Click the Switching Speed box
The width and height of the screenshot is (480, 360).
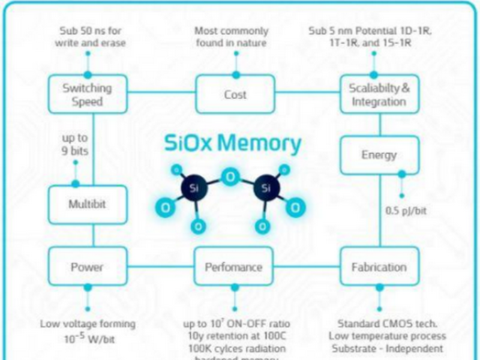pyautogui.click(x=88, y=95)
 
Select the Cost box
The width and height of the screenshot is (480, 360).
pyautogui.click(x=235, y=95)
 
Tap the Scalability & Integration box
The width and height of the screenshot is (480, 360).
pyautogui.click(x=379, y=95)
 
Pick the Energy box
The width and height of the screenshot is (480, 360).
pyautogui.click(x=379, y=155)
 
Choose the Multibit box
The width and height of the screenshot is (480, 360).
pyautogui.click(x=88, y=205)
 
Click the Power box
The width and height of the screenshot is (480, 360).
pyautogui.click(x=88, y=267)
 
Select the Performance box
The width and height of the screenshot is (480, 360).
pyautogui.click(x=234, y=267)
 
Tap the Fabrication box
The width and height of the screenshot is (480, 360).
pyautogui.click(x=379, y=267)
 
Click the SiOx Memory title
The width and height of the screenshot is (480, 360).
pyautogui.click(x=233, y=143)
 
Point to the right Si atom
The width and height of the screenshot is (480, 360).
pyautogui.click(x=266, y=188)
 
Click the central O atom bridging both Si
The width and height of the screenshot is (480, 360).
pyautogui.click(x=230, y=177)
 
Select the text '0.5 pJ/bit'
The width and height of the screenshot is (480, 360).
pyautogui.click(x=406, y=211)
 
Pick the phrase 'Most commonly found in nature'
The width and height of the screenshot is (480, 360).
pyautogui.click(x=232, y=37)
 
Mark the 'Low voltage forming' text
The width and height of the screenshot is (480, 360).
pyautogui.click(x=88, y=323)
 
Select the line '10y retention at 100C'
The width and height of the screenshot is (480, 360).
pyautogui.click(x=234, y=336)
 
